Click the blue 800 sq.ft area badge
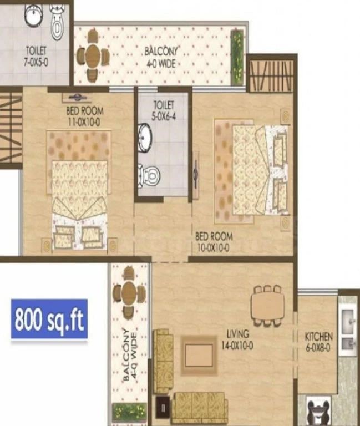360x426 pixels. (x=49, y=319)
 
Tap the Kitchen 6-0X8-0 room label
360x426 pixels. (x=318, y=342)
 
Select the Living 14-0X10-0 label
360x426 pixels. (x=237, y=339)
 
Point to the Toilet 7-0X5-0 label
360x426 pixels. (x=36, y=56)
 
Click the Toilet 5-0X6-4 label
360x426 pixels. (x=164, y=110)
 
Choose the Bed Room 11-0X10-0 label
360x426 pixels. (x=84, y=116)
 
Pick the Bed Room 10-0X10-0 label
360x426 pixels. (x=214, y=242)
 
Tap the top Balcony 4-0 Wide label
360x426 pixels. (x=161, y=57)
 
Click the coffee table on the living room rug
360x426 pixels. (x=200, y=355)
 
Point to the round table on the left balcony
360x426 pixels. (x=129, y=293)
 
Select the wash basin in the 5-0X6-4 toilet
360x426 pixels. (x=144, y=138)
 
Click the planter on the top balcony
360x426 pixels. (x=237, y=57)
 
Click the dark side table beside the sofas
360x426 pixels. (x=163, y=408)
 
